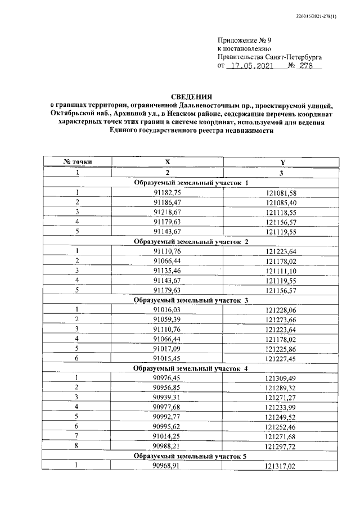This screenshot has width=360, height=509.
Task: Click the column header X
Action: [x=167, y=162]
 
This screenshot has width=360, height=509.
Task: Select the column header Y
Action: [x=283, y=162]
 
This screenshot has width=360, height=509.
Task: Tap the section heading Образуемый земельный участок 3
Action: [x=191, y=300]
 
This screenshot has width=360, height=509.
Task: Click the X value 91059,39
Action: [x=167, y=319]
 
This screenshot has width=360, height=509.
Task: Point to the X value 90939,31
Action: [x=167, y=398]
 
